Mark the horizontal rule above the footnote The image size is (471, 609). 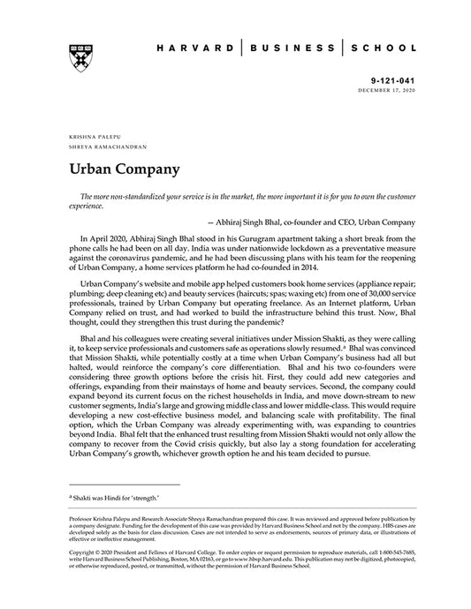tap(123, 485)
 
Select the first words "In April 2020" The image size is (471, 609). tap(103, 238)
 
